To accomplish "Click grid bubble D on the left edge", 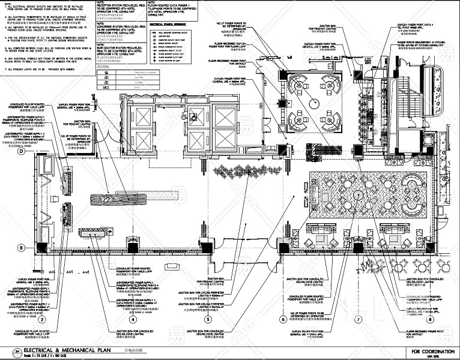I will coord(21,151).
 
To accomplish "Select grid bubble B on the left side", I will coord(21,247).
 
